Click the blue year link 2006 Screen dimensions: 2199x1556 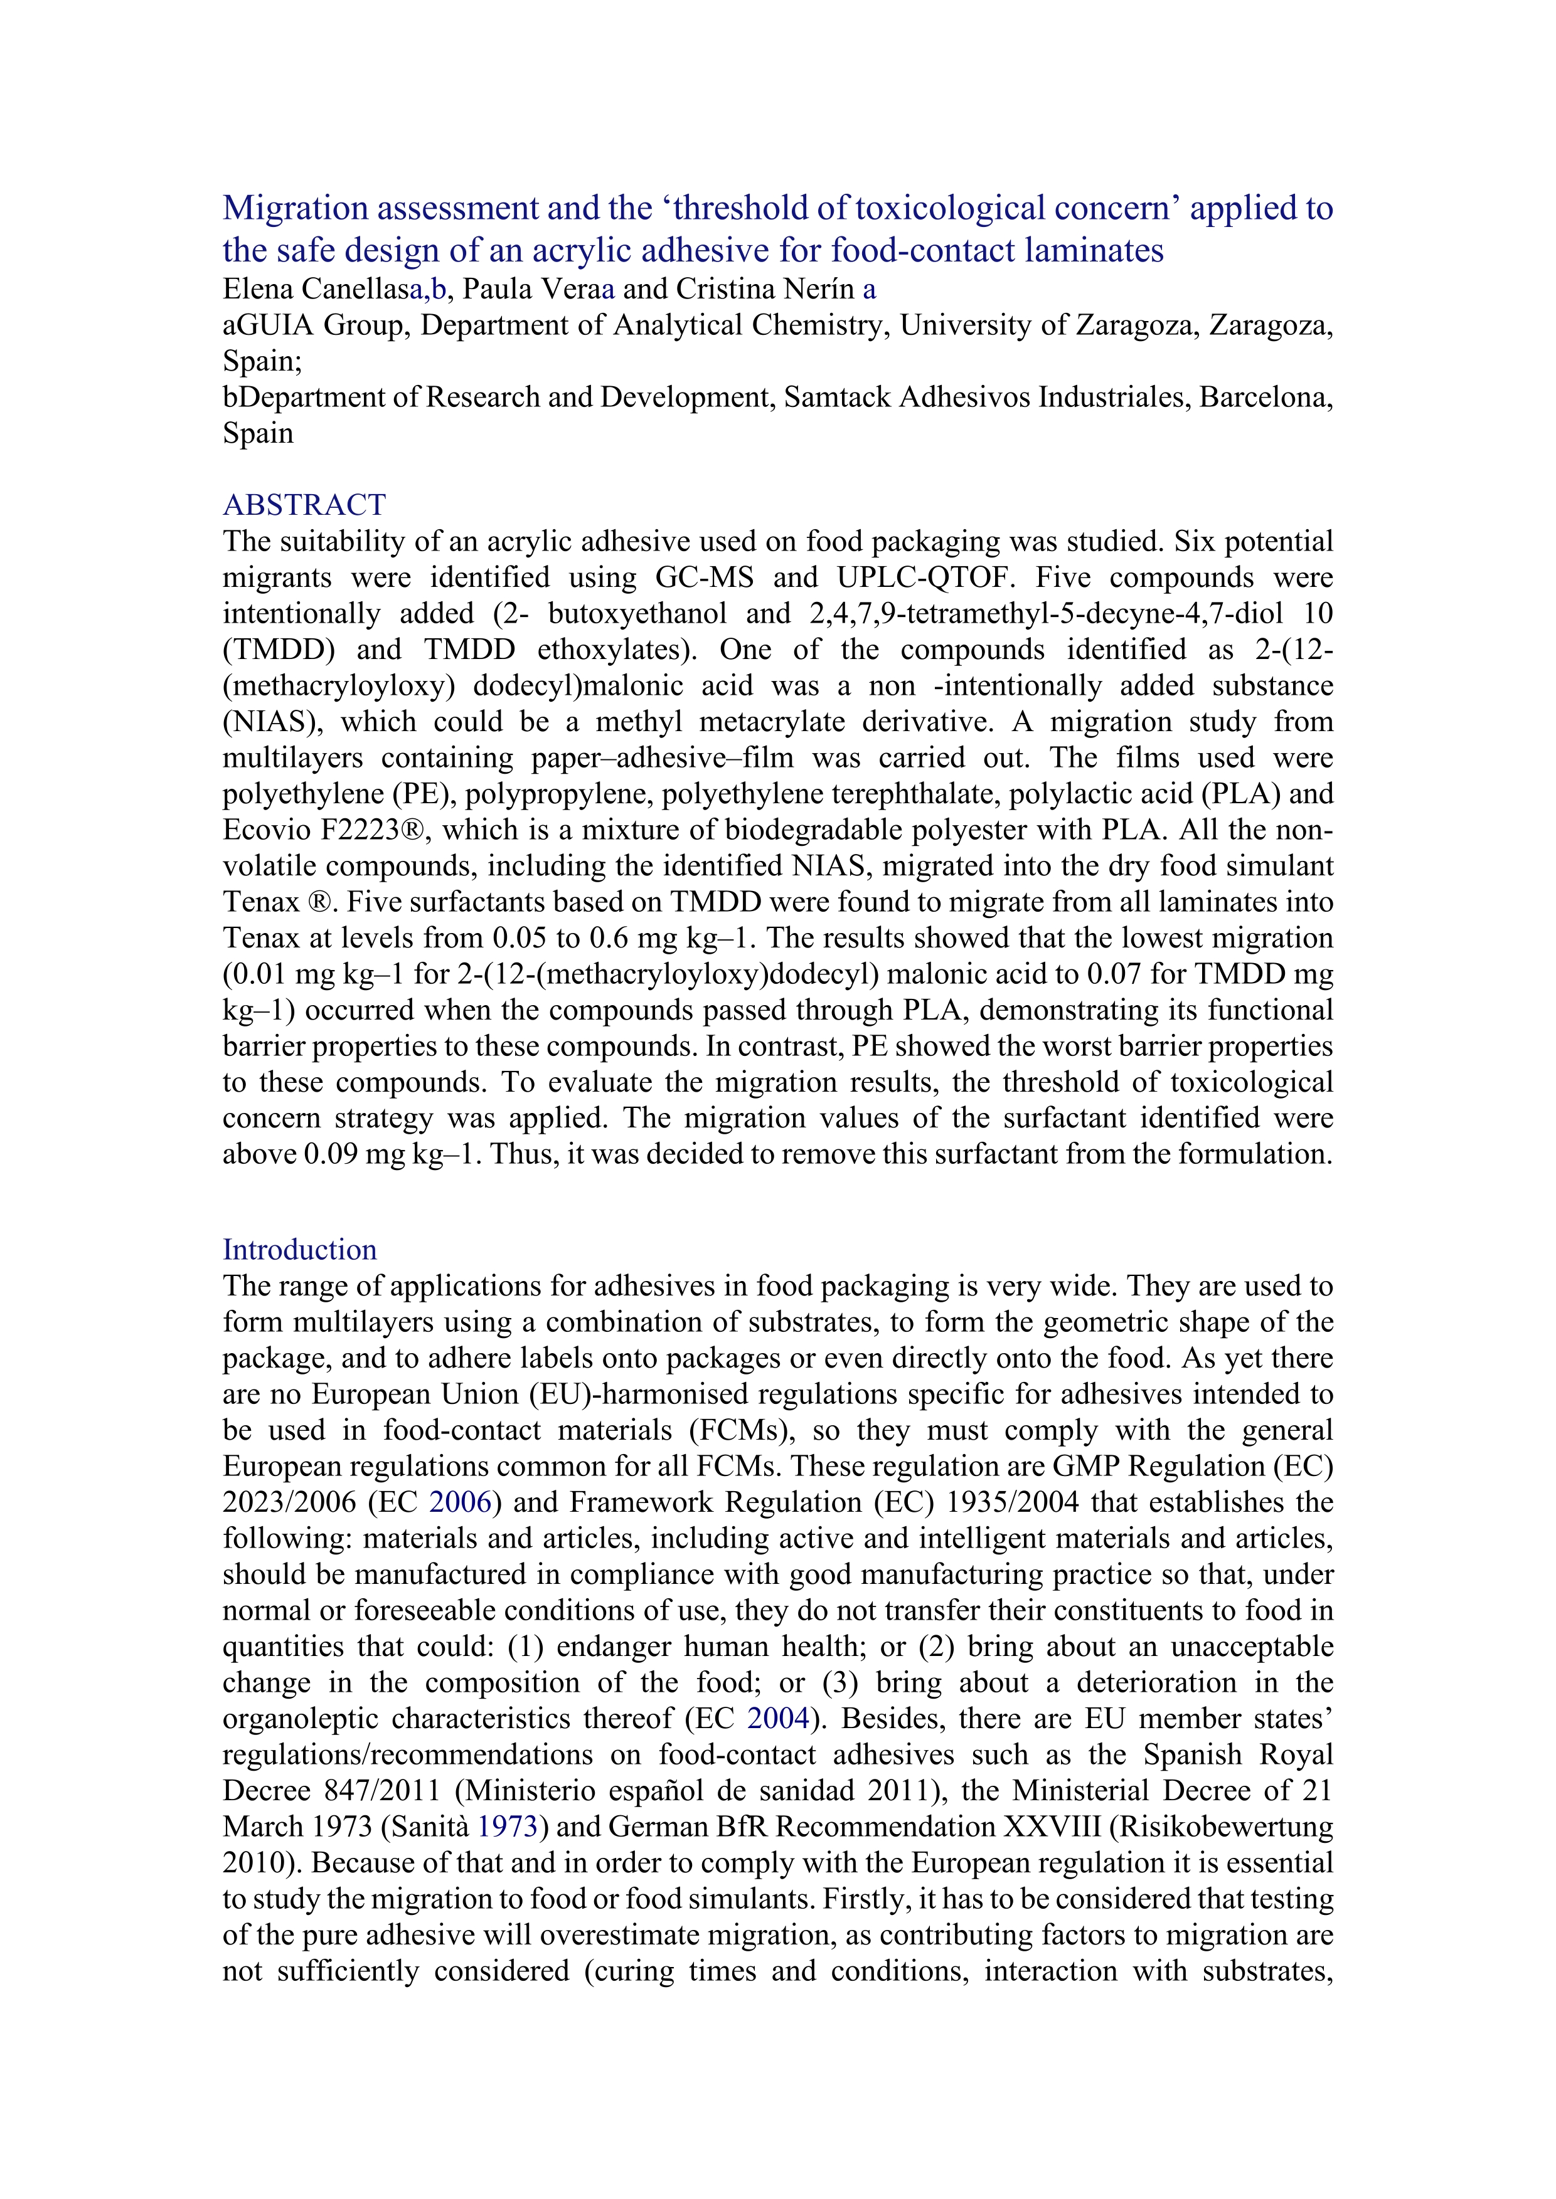click(x=460, y=1502)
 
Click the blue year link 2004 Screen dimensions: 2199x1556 click(x=778, y=1718)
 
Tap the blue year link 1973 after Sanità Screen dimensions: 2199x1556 click(x=507, y=1827)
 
